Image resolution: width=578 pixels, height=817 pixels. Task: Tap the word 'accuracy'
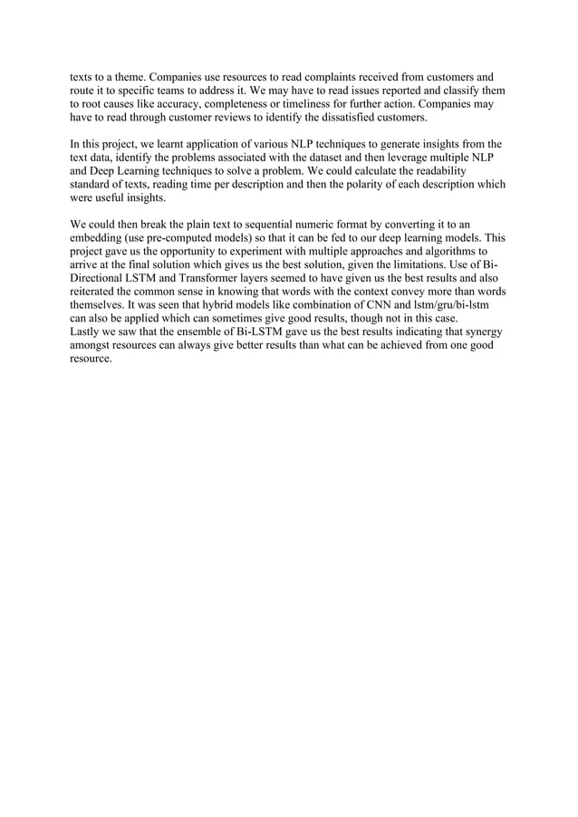(173, 105)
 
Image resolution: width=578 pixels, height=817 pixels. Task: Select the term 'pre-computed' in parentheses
(190, 239)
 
